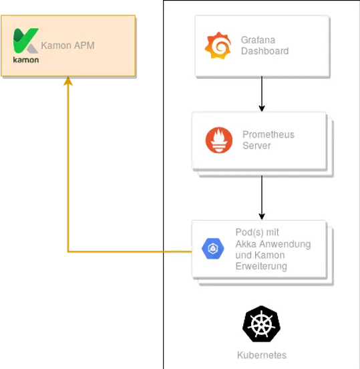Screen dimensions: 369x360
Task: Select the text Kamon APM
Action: pos(67,46)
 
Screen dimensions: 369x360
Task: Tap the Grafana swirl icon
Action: pos(218,46)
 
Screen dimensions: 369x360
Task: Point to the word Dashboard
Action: pos(264,51)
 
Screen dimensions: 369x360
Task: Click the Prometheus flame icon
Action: pos(219,140)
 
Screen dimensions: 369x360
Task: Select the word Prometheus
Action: pos(268,134)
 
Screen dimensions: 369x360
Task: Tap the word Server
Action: pos(256,146)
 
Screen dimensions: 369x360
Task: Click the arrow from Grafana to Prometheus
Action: pos(262,94)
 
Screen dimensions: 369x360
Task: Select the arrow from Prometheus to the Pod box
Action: pos(262,197)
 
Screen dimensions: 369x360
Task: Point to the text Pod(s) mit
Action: pos(257,233)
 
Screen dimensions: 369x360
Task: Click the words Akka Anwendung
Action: pos(273,244)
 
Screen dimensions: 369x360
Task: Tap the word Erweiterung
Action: pos(261,267)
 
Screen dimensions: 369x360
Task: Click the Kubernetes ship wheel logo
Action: pos(262,324)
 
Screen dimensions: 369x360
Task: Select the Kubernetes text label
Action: pos(262,355)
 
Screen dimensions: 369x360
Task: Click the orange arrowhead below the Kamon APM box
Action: pos(67,84)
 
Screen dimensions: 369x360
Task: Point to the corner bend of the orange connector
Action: pos(68,252)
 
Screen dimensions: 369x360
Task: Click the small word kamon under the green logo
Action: pos(25,59)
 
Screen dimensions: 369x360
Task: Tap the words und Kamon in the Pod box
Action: pos(260,255)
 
